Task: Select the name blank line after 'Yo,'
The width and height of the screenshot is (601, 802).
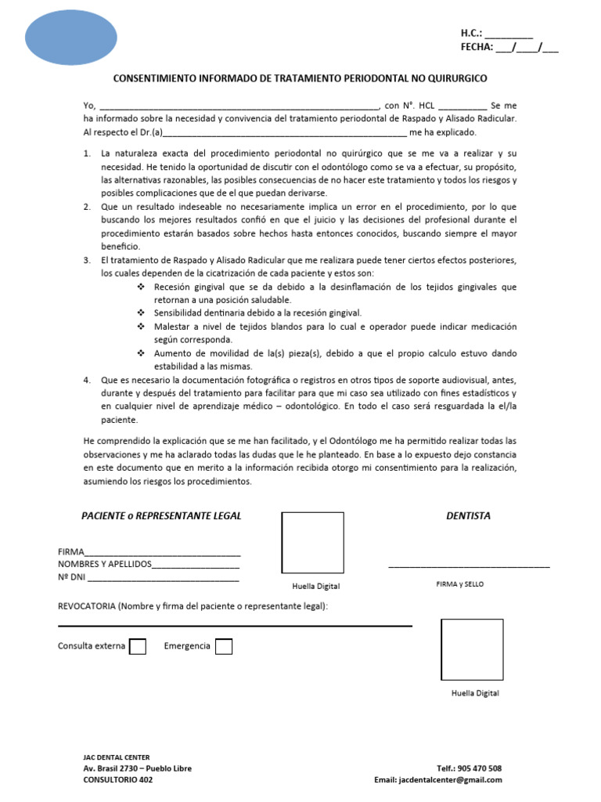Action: (x=239, y=106)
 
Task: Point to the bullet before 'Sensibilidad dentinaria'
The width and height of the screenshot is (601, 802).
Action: (x=141, y=312)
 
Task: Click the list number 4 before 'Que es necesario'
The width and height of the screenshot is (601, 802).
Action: (x=87, y=379)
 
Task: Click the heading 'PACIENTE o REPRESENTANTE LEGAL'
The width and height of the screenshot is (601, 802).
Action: (x=162, y=515)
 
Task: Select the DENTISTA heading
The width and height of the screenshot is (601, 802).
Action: (x=468, y=515)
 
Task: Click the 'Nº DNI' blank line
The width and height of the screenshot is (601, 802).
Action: (x=164, y=579)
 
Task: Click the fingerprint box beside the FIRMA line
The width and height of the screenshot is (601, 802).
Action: (x=312, y=543)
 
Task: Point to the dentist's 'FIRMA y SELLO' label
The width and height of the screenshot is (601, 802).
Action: (x=459, y=584)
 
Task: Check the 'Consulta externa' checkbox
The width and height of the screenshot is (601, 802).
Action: (x=137, y=646)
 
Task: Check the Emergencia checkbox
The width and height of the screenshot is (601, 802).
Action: (x=223, y=646)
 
